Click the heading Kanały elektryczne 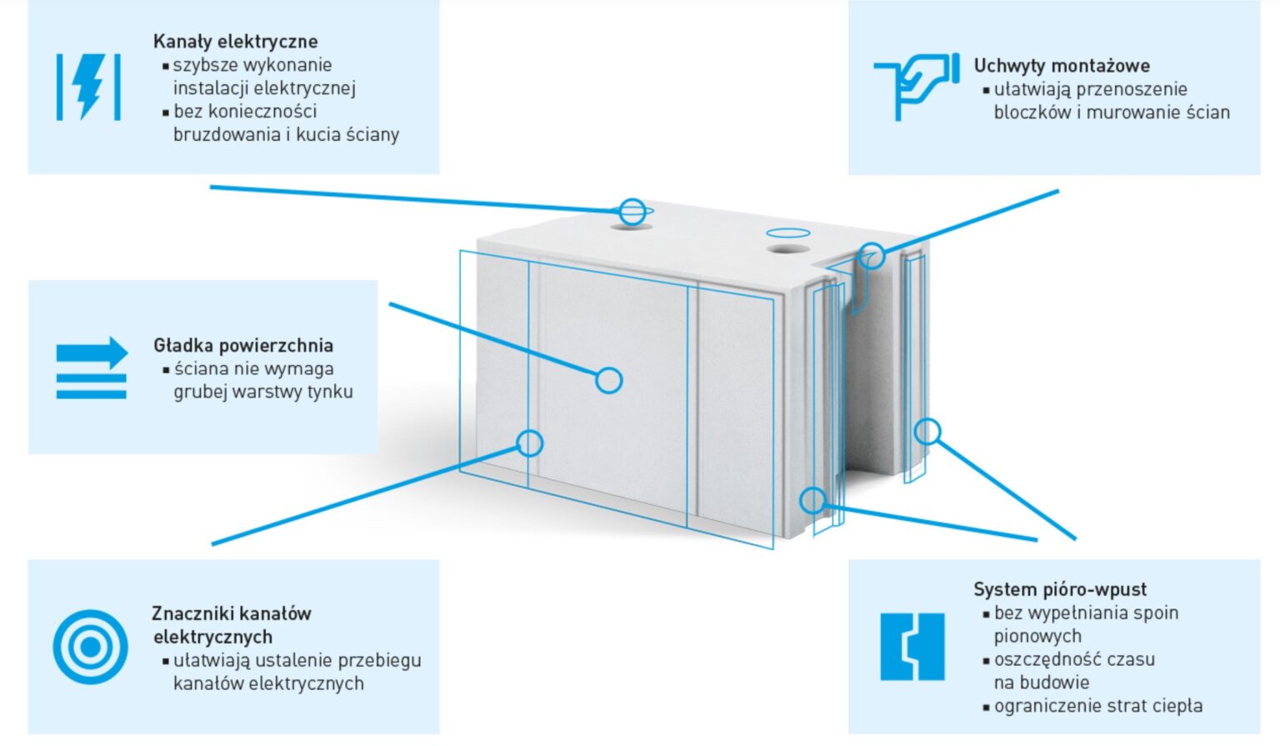[x=235, y=42]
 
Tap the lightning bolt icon [x=88, y=86]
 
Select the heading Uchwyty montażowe [x=1062, y=66]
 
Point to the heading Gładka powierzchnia [x=243, y=345]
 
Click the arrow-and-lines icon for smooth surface [x=92, y=368]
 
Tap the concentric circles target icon [x=90, y=647]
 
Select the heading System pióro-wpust [x=1060, y=589]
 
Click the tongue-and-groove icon [x=912, y=647]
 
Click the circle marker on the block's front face [x=609, y=380]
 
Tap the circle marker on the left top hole [x=632, y=212]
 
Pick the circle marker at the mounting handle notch [x=872, y=255]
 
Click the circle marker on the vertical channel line [x=530, y=443]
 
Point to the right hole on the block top [x=787, y=248]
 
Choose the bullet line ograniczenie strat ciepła [x=1097, y=706]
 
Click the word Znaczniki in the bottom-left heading [x=191, y=613]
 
